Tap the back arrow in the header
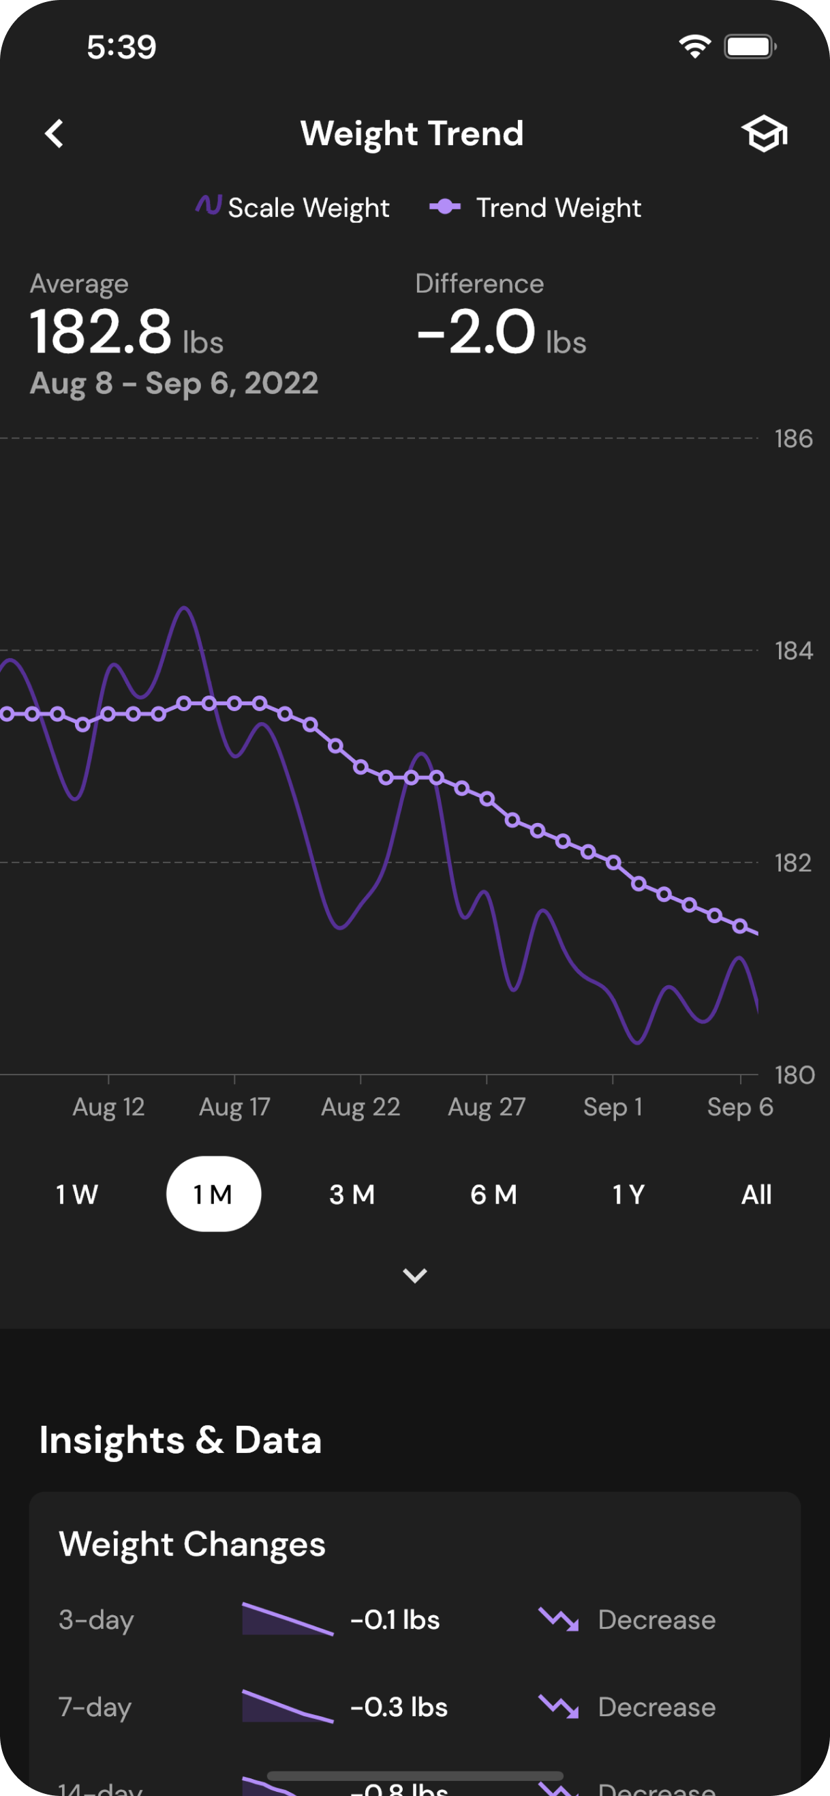point(55,134)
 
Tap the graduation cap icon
point(764,133)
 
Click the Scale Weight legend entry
point(293,207)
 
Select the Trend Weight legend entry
point(535,207)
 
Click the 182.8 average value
point(102,331)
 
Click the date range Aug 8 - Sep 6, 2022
point(174,383)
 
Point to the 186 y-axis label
point(793,438)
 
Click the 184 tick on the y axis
point(793,650)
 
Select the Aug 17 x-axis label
point(234,1107)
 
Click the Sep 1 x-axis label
point(613,1107)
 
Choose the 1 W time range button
point(76,1195)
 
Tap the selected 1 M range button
point(213,1195)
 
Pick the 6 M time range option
point(493,1195)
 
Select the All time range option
point(756,1195)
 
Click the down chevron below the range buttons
point(414,1275)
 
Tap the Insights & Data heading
point(181,1439)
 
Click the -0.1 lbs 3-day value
point(395,1619)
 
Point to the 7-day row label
point(95,1707)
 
